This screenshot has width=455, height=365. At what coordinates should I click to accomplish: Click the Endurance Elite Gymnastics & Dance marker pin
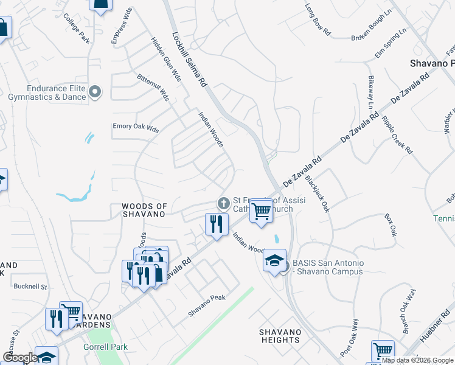[x=95, y=92]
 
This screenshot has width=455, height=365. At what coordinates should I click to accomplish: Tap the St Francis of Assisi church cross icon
[x=223, y=203]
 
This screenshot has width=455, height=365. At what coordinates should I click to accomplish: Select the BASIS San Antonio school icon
[x=274, y=260]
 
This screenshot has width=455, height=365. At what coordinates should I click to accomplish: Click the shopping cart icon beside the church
[x=261, y=210]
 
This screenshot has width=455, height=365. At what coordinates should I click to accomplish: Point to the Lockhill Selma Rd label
[x=190, y=58]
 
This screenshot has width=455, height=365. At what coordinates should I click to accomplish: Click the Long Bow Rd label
[x=318, y=19]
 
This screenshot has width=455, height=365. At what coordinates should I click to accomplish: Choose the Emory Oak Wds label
[x=135, y=129]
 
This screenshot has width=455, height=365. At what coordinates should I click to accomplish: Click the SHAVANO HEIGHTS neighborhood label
[x=280, y=336]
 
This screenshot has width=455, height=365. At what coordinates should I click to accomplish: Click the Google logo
[x=19, y=358]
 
